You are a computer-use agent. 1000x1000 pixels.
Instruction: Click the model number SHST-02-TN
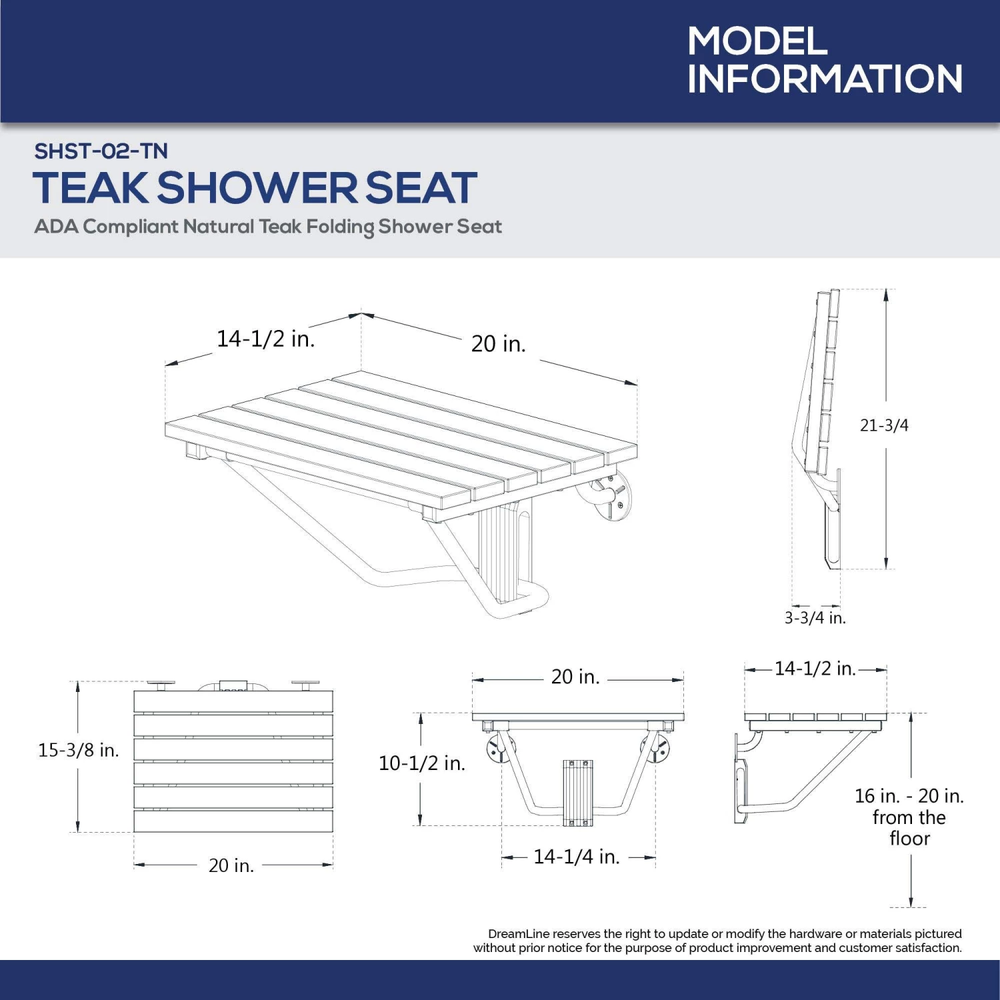[x=101, y=151]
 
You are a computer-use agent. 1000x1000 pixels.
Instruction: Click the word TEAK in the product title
[x=91, y=188]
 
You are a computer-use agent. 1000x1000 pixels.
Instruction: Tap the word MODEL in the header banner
[x=757, y=41]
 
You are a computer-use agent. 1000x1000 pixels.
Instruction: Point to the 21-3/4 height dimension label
[x=883, y=425]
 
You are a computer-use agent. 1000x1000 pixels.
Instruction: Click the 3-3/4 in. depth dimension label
[x=815, y=618]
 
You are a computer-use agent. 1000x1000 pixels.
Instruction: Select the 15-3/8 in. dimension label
[x=78, y=751]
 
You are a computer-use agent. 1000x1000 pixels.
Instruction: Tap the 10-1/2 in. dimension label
[x=421, y=763]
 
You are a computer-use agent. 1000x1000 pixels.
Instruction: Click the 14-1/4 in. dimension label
[x=576, y=857]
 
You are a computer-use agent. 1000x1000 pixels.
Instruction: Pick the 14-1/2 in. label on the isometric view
[x=265, y=339]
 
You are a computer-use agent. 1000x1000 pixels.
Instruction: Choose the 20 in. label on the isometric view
[x=498, y=344]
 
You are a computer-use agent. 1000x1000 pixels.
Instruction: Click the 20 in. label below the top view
[x=231, y=865]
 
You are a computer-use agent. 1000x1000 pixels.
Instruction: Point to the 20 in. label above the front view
[x=575, y=677]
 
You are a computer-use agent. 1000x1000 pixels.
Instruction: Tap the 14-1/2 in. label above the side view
[x=815, y=669]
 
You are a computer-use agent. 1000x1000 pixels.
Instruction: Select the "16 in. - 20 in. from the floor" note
[x=909, y=817]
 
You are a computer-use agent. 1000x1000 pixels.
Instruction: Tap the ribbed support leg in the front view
[x=577, y=792]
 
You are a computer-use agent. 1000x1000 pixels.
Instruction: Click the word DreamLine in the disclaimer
[x=518, y=934]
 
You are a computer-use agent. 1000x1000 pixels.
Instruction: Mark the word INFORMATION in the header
[x=825, y=79]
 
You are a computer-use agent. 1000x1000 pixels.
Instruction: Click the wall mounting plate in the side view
[x=739, y=780]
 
